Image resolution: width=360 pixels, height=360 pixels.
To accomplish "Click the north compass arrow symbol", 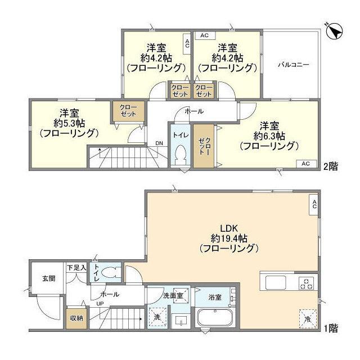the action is coord(334,31).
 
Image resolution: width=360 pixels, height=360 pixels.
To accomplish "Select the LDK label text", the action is coord(229,228).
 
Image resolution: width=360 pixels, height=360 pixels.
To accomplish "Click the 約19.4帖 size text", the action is coord(229,238).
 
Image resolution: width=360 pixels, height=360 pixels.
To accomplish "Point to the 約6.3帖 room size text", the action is coord(269,136).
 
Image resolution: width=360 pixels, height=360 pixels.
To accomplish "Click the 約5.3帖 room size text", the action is coord(69,124).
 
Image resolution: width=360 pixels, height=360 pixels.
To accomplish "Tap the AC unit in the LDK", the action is coord(314,204).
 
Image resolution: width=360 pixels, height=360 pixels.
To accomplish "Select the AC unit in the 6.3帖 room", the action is coord(306,164).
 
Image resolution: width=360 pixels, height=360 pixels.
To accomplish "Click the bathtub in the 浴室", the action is coord(215,318).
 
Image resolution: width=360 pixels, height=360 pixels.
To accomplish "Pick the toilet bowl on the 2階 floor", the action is coord(181,155).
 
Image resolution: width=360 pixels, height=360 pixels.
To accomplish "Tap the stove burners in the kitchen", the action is coord(306,283).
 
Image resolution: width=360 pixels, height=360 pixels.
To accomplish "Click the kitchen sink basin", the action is coord(276,282).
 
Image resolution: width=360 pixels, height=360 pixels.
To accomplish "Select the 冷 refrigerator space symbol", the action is coord(308,319).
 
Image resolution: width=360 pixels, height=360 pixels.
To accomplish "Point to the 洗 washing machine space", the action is coord(157,317).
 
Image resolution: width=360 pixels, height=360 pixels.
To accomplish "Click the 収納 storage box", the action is coord(76,319).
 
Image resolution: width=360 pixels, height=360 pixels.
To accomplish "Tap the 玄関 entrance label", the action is coord(49,278).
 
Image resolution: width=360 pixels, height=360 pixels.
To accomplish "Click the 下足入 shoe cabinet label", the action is coord(76,268).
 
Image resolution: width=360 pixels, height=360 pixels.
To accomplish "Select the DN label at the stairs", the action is coord(159,143).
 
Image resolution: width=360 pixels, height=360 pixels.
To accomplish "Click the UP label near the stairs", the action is coord(100,304).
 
